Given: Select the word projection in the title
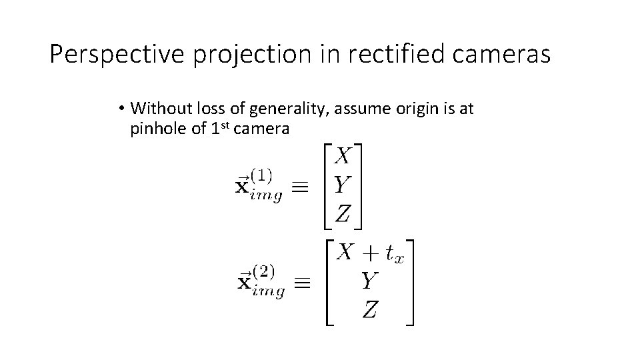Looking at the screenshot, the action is (x=250, y=55).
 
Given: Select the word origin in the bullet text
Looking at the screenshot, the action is (x=404, y=108).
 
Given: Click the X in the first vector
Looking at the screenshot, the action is (x=342, y=157).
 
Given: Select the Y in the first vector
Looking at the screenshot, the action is (x=342, y=185).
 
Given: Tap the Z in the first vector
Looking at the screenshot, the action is (x=342, y=213).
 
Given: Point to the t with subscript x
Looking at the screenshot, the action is (x=393, y=254).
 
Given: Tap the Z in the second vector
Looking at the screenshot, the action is (x=370, y=309).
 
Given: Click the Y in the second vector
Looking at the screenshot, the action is (x=370, y=281).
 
